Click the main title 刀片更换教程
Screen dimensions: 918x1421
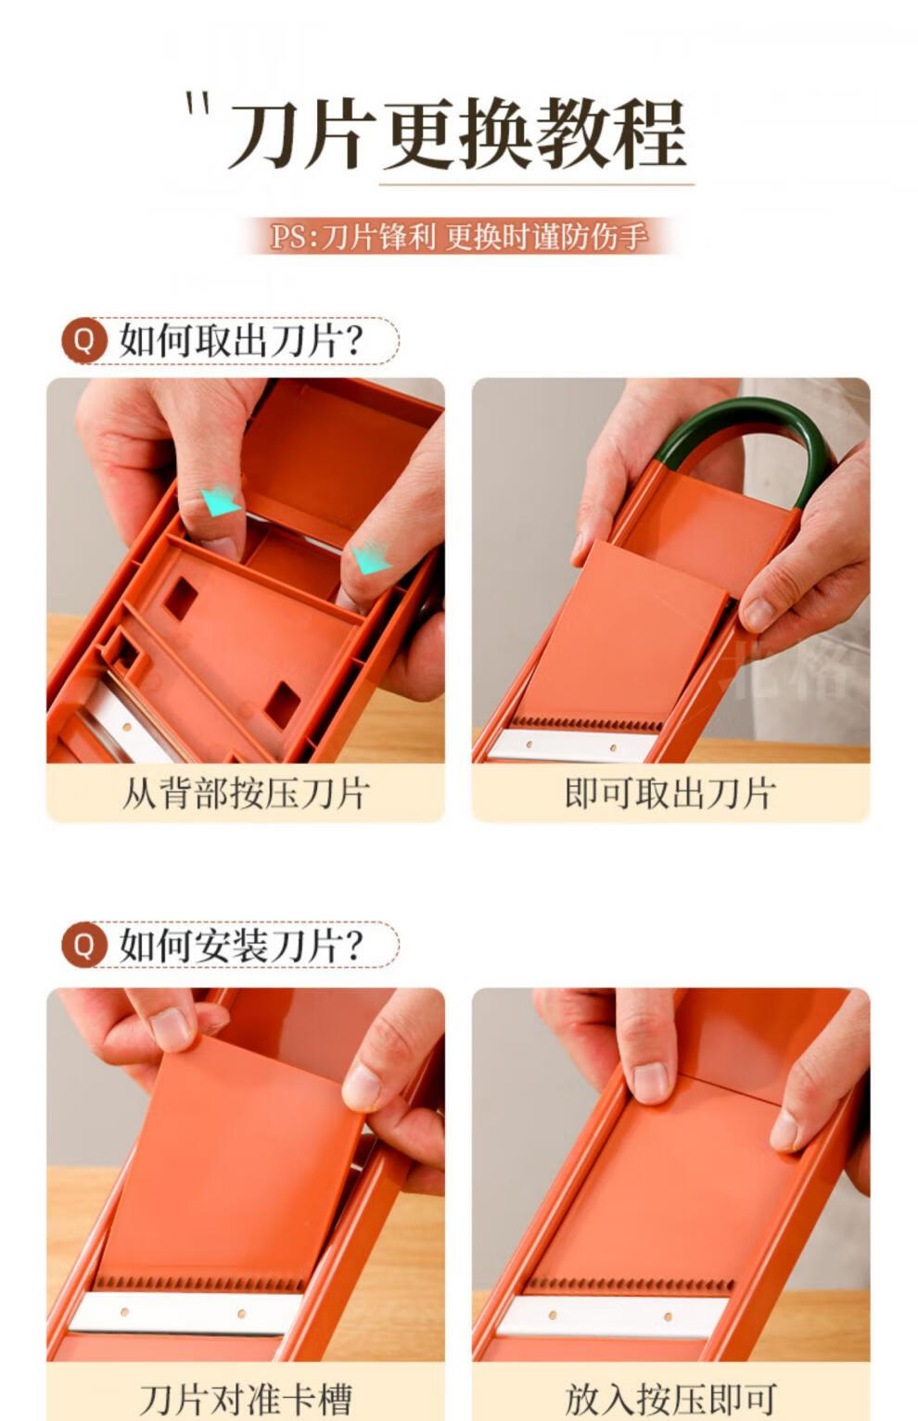coord(457,133)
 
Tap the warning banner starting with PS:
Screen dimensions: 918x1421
coord(458,236)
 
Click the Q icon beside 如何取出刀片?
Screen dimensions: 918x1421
coord(83,341)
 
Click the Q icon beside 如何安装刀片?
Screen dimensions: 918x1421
coord(83,945)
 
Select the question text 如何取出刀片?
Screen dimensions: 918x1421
coord(241,341)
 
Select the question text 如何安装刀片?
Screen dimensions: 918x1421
coord(241,945)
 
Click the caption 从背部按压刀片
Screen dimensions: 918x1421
coord(246,793)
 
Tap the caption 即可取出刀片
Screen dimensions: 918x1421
coord(670,793)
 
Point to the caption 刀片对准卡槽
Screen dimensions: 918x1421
coord(246,1399)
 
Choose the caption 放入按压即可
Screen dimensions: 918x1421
coord(670,1399)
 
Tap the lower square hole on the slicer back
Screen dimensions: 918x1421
coord(282,704)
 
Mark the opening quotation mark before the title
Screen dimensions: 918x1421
coord(198,104)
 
